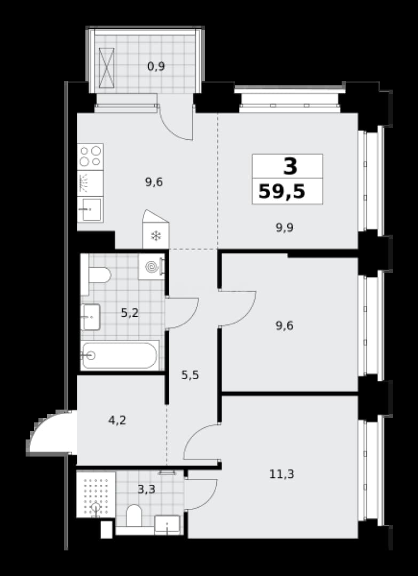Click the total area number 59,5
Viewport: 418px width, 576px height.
[282, 192]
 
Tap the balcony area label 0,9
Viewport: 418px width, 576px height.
[156, 67]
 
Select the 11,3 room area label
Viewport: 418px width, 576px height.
[282, 474]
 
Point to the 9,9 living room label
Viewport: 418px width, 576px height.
[285, 228]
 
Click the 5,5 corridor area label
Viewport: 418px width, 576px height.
[191, 375]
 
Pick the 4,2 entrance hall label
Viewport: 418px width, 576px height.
[117, 420]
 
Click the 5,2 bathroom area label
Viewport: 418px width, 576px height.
[130, 313]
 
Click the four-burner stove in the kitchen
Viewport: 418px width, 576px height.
[90, 156]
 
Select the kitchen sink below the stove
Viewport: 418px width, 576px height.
[90, 209]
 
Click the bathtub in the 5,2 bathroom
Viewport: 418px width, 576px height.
[120, 355]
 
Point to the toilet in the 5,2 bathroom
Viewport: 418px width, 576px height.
[96, 275]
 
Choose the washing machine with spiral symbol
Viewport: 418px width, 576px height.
[152, 267]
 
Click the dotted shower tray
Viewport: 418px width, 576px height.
[96, 494]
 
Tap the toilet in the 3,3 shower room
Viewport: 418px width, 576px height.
[134, 516]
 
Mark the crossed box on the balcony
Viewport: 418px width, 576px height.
[107, 68]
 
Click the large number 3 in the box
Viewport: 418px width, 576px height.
[290, 166]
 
